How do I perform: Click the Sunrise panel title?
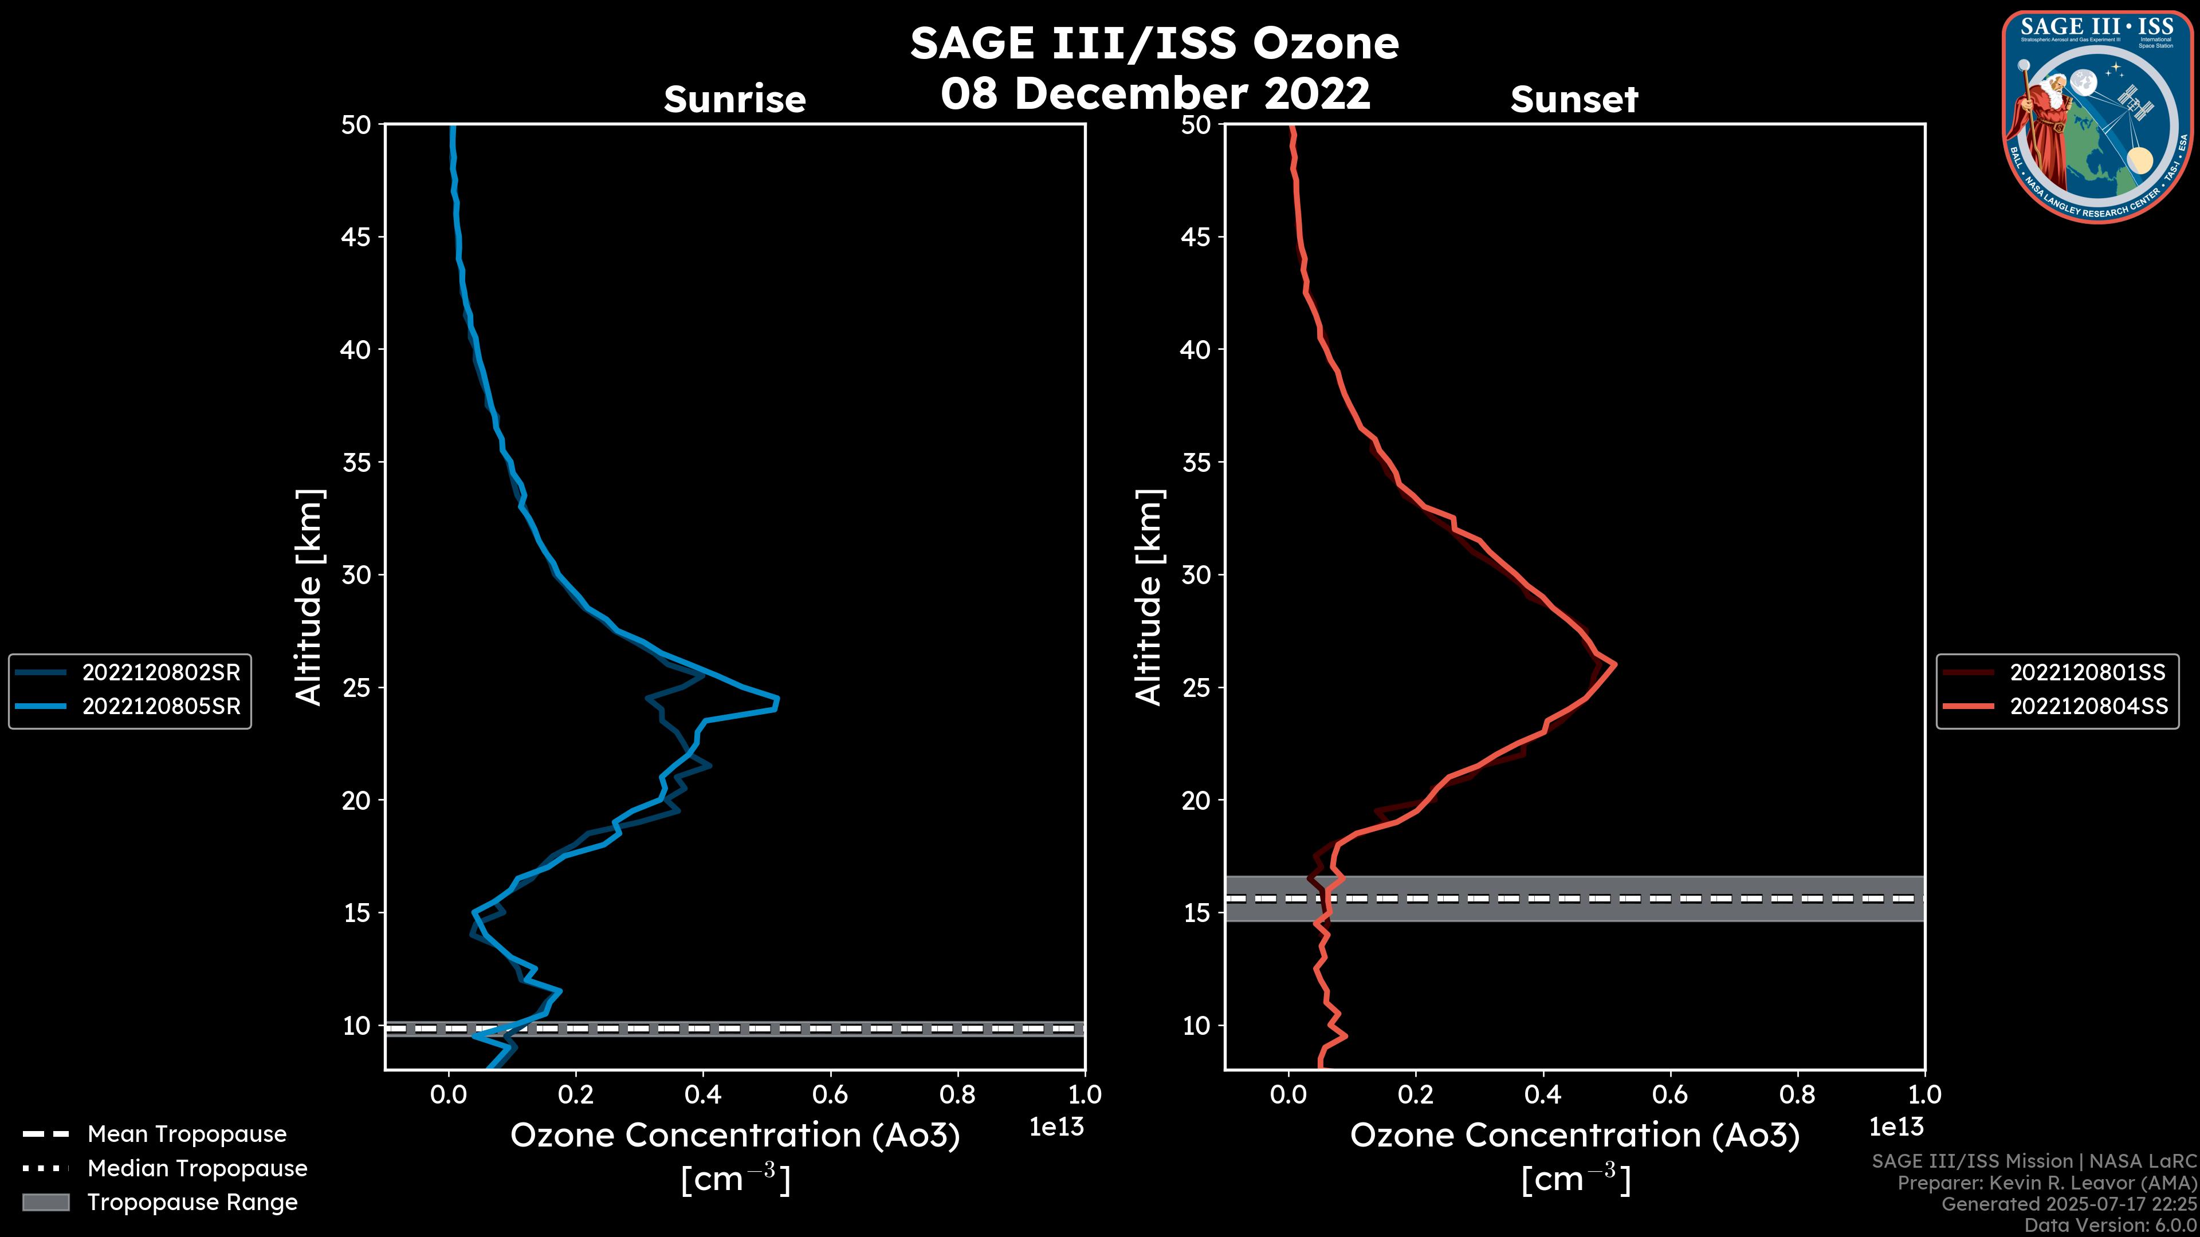734,100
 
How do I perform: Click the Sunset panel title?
1574,100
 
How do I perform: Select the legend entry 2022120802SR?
160,673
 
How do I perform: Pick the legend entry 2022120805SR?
160,707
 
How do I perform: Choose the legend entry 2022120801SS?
2087,673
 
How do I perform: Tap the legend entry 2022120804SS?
2087,707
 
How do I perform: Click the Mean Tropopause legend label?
187,1134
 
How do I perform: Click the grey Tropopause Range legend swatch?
45,1202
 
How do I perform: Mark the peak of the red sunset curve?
1614,665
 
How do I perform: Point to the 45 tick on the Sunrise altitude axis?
356,237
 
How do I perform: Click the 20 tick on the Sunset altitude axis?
1196,801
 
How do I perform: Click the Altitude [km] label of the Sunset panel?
1149,597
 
